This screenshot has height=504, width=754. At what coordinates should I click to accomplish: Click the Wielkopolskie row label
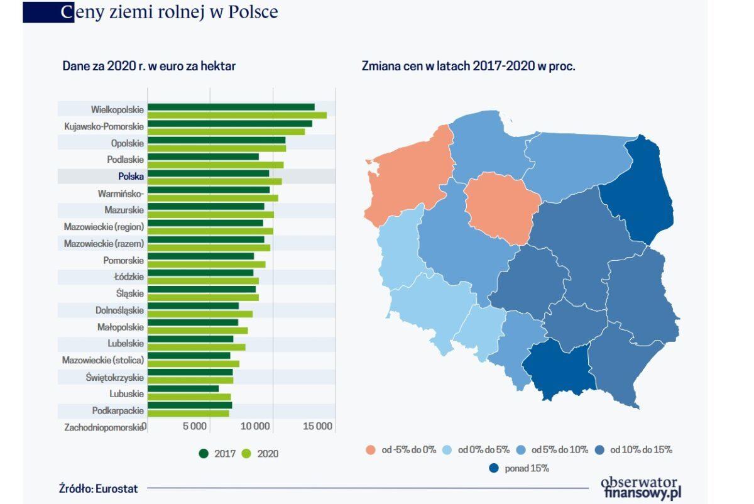117,109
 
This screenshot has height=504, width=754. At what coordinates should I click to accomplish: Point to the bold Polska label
131,177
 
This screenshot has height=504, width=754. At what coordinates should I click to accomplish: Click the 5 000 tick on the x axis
195,427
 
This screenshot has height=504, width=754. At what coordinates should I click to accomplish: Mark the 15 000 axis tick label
317,427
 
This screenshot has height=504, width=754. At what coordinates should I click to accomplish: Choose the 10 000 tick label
256,427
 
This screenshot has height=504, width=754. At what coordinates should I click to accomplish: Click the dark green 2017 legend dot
204,453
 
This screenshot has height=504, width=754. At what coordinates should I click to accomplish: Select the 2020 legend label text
268,453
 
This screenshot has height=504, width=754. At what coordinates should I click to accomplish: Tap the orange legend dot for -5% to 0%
370,450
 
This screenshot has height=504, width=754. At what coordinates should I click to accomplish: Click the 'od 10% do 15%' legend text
641,450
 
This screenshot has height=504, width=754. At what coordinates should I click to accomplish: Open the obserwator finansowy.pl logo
640,488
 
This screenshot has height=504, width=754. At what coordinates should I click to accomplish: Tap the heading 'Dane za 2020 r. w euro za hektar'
149,66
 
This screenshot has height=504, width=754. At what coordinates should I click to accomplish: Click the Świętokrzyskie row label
115,378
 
